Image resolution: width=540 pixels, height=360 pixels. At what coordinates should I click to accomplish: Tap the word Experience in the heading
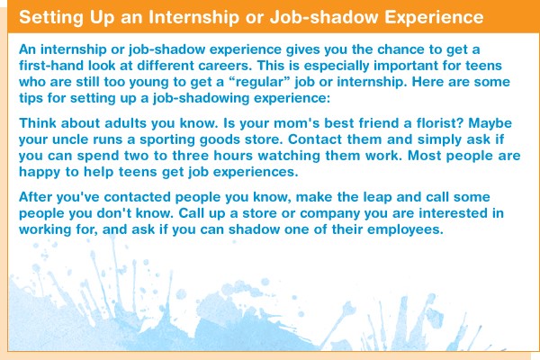click(434, 18)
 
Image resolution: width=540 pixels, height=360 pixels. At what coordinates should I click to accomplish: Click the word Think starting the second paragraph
click(38, 123)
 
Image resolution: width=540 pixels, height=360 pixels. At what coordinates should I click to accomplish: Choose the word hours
click(233, 156)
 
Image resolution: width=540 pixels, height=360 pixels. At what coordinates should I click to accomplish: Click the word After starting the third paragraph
click(35, 197)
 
